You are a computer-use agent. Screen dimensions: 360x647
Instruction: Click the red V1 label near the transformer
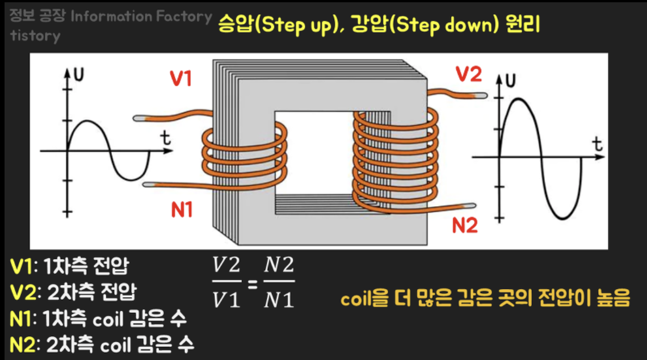(x=181, y=79)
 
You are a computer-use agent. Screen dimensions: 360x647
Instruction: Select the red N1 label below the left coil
(x=182, y=210)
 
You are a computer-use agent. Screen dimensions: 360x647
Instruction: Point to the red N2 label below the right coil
(x=465, y=225)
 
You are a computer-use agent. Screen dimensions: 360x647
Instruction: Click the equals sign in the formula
(x=253, y=283)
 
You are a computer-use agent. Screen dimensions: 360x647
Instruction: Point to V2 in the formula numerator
(x=226, y=265)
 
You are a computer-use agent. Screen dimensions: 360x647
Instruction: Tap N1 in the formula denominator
(x=279, y=300)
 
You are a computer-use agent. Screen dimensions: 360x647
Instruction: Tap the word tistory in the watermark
(x=35, y=35)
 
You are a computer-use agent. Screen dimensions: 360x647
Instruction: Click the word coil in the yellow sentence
(x=356, y=299)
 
